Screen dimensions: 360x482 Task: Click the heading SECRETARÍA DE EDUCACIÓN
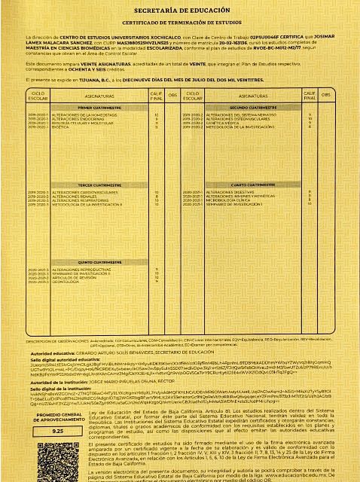click(x=179, y=11)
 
